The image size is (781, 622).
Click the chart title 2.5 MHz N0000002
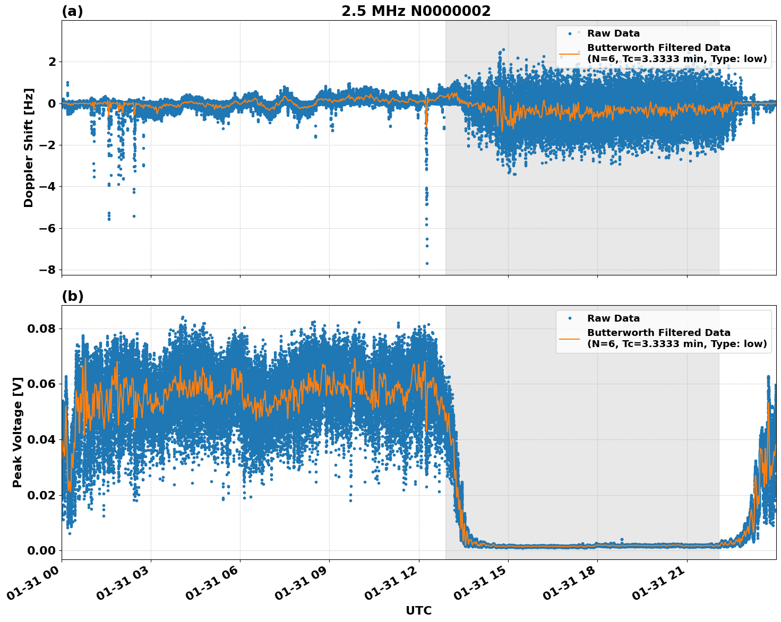click(416, 11)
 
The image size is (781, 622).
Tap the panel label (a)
click(72, 11)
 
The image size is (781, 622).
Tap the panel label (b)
click(72, 296)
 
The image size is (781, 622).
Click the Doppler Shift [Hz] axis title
click(29, 148)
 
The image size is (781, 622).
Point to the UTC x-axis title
click(418, 610)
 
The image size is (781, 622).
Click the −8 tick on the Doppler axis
click(48, 270)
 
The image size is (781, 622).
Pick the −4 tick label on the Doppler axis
click(48, 187)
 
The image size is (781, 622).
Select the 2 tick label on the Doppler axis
click(52, 62)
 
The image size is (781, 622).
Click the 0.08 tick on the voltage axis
click(42, 329)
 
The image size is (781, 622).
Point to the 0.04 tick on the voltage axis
click(42, 439)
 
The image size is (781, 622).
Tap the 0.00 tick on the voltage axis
click(42, 550)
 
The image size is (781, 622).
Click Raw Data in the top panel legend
click(613, 33)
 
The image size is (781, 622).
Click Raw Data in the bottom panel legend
click(613, 318)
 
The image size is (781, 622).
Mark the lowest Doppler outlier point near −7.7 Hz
click(427, 263)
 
